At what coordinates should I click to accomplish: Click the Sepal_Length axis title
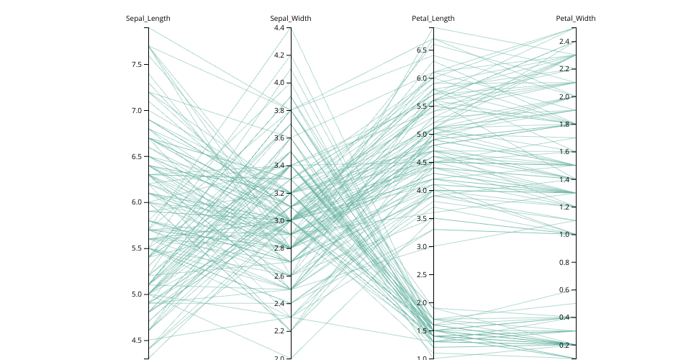[x=148, y=18]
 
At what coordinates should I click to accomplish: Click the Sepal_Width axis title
[x=291, y=18]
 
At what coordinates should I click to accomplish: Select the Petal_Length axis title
[x=433, y=18]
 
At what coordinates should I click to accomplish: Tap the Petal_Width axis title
[x=576, y=18]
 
